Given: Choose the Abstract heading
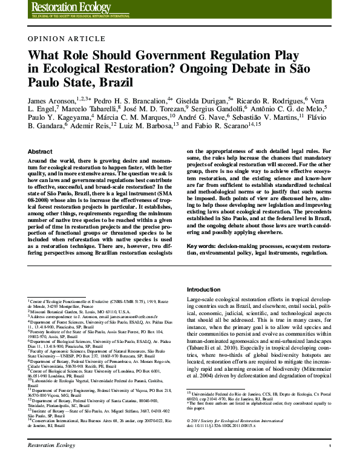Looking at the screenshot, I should click(40, 151).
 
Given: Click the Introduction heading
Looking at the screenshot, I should click(204, 290).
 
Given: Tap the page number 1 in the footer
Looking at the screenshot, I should click(330, 462).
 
